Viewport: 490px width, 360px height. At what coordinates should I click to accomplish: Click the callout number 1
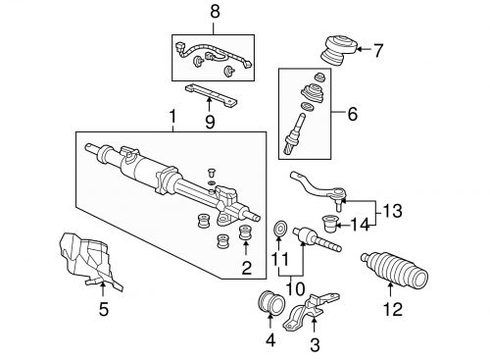(x=173, y=119)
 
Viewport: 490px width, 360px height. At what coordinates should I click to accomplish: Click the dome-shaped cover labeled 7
(x=337, y=49)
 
